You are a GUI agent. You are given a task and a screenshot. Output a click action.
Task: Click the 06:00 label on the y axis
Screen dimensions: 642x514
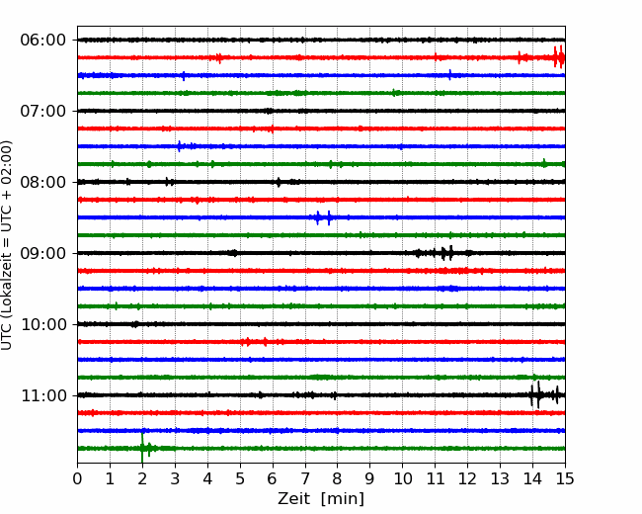coord(43,41)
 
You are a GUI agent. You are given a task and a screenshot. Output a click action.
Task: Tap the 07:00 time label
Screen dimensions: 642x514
coord(43,111)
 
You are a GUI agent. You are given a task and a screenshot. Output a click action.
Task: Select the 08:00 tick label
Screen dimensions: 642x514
coord(43,183)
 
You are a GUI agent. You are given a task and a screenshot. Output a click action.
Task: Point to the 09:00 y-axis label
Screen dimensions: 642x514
coord(43,253)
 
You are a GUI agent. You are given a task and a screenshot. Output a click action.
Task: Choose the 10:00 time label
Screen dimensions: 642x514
coord(43,324)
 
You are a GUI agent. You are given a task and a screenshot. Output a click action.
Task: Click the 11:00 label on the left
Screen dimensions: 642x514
coord(43,396)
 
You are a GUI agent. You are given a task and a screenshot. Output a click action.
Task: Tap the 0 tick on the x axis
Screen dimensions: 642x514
coord(77,478)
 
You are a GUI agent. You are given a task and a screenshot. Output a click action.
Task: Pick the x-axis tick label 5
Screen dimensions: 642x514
coord(240,478)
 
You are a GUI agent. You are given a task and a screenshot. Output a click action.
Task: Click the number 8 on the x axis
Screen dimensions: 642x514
coord(338,478)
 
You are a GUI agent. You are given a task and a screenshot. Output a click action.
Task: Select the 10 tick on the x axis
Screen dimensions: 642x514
coord(402,478)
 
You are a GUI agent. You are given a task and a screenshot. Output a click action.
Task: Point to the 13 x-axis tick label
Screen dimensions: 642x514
coord(500,478)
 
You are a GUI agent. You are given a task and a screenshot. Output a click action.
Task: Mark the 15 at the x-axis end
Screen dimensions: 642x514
coord(565,478)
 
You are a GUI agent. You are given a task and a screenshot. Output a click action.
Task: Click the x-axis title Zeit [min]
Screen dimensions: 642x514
coord(321,498)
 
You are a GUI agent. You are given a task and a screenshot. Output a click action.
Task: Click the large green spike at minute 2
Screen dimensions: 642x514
coord(142,448)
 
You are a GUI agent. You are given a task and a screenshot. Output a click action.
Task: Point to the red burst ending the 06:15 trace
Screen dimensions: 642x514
coord(559,57)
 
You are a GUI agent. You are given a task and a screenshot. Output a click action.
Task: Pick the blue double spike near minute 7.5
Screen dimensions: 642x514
coord(323,217)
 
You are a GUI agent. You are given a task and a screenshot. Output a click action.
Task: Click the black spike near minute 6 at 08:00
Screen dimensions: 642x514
coord(279,182)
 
